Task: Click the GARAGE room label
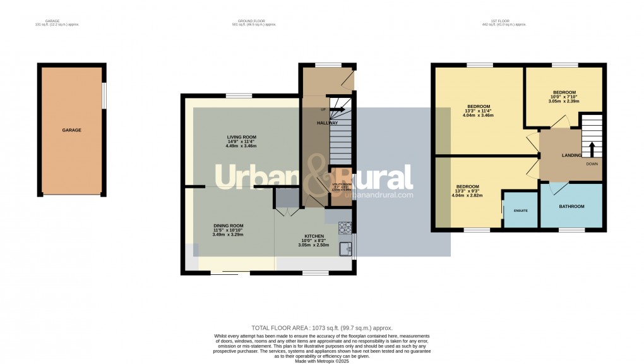71,130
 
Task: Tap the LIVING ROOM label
241,136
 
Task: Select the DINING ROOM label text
227,226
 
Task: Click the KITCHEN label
314,236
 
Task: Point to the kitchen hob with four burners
345,226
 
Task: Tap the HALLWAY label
328,123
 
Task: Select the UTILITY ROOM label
342,185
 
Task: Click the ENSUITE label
520,210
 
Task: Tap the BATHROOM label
571,207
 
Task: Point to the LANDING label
571,155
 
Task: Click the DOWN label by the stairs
592,164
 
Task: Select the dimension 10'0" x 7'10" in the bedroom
564,96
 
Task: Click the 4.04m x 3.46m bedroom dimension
479,116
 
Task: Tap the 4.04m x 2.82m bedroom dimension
467,195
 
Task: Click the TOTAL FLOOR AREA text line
322,328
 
